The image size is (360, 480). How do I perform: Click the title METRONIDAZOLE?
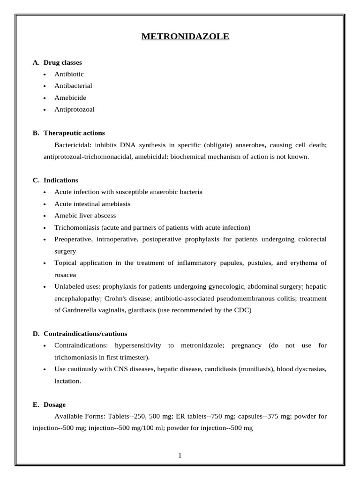click(x=186, y=36)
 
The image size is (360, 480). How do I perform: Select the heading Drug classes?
click(x=62, y=62)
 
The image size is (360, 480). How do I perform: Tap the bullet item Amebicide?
click(x=70, y=97)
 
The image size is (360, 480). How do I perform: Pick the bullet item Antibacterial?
click(x=73, y=86)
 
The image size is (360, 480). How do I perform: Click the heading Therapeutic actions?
click(x=74, y=133)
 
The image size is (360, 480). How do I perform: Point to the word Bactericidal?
click(x=73, y=145)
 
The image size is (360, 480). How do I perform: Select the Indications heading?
click(x=61, y=180)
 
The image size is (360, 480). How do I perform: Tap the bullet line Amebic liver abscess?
click(x=85, y=216)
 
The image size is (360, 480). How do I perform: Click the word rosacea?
click(x=65, y=275)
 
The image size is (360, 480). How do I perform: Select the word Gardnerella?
click(x=81, y=310)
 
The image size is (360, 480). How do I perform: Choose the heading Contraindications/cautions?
click(x=85, y=334)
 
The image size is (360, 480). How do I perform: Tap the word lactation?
click(x=67, y=381)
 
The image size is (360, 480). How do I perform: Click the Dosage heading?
click(x=54, y=405)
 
